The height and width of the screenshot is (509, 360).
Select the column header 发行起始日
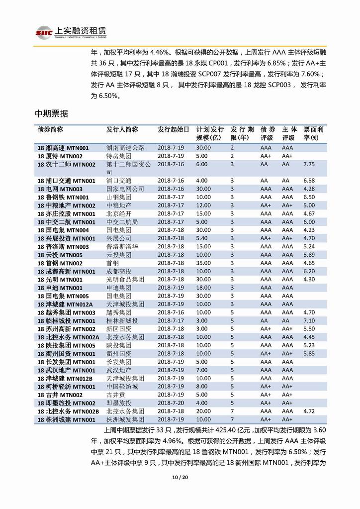[x=174, y=129]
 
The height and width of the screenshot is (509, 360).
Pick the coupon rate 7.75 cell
[x=309, y=164]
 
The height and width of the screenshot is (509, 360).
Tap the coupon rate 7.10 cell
[x=309, y=321]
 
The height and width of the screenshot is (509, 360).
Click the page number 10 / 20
[x=180, y=478]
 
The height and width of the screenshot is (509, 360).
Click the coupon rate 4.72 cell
[x=309, y=411]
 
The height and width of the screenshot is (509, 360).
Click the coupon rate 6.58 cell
[x=309, y=181]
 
